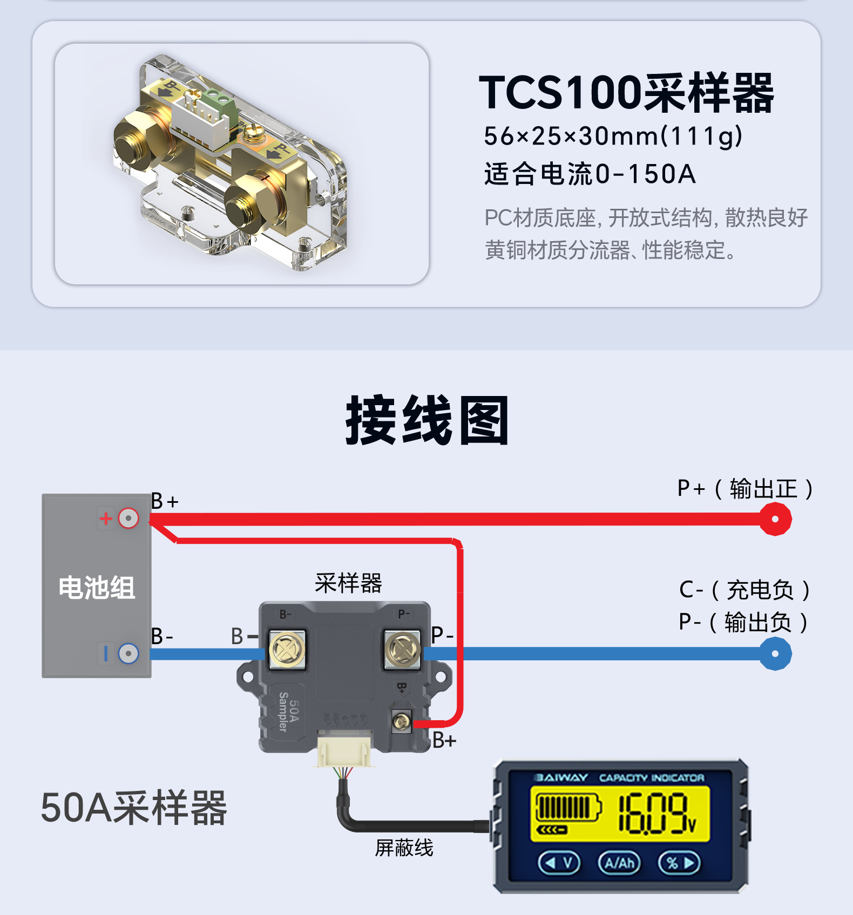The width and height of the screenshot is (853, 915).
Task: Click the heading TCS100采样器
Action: pyautogui.click(x=626, y=93)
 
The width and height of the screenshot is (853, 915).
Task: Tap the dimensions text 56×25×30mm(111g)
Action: pyautogui.click(x=613, y=136)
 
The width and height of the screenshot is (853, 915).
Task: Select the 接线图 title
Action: pyautogui.click(x=426, y=421)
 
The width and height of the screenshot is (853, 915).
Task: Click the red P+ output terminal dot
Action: pyautogui.click(x=775, y=519)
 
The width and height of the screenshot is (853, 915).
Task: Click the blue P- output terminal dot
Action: pyautogui.click(x=775, y=654)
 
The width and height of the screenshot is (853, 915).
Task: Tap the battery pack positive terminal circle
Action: pyautogui.click(x=128, y=518)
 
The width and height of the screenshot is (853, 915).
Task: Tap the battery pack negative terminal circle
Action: pyautogui.click(x=128, y=654)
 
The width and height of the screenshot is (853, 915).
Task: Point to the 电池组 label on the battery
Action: pyautogui.click(x=97, y=588)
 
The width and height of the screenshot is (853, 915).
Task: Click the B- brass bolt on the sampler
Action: pyautogui.click(x=287, y=650)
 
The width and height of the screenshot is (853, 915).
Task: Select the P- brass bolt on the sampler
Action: pyautogui.click(x=402, y=650)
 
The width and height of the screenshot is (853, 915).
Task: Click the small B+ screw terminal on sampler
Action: pyautogui.click(x=401, y=721)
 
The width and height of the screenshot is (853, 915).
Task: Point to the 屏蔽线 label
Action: pyautogui.click(x=404, y=848)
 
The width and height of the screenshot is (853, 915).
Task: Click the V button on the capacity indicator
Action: pyautogui.click(x=559, y=863)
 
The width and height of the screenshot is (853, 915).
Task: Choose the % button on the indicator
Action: pyautogui.click(x=679, y=863)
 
